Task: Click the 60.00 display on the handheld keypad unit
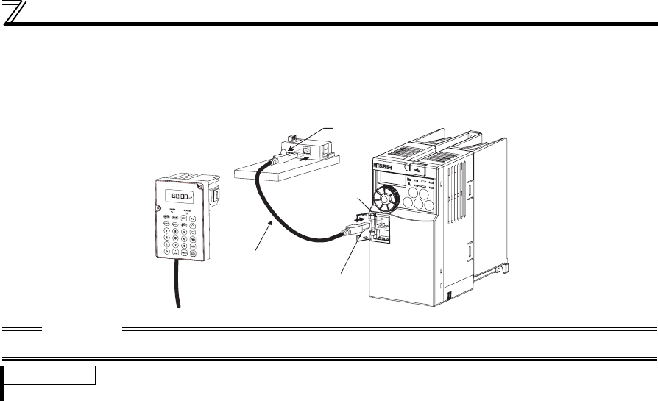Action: [179, 197]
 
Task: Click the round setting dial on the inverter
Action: [389, 198]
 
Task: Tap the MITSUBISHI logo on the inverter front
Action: [383, 166]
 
